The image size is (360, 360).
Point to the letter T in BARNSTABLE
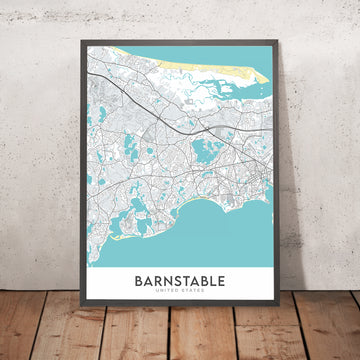184,281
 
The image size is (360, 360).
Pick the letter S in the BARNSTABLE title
173,281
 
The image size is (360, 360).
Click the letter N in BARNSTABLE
162,281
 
